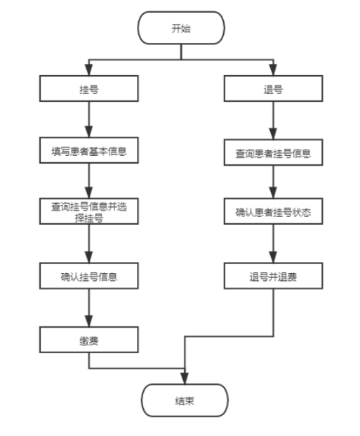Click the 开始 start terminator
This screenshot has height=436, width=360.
(x=181, y=28)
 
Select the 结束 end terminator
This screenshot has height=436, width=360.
(x=185, y=400)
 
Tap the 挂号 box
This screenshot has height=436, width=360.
(x=89, y=88)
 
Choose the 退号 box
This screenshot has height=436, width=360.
(x=273, y=88)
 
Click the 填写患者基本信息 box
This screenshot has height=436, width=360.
(x=89, y=150)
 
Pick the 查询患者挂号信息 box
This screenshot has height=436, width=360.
(x=273, y=152)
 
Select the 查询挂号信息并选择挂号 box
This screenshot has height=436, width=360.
(x=89, y=211)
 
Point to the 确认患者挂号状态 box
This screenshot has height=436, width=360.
(x=273, y=211)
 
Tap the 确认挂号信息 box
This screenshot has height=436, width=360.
(x=89, y=276)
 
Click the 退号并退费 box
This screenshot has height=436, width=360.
(x=273, y=276)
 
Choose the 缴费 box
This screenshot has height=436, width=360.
(x=89, y=340)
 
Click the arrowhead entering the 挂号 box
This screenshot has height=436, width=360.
(x=88, y=70)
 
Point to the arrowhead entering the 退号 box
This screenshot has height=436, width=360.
(x=273, y=70)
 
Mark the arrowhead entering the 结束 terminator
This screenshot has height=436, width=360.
(x=185, y=378)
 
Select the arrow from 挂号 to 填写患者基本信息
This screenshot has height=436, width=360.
(x=89, y=119)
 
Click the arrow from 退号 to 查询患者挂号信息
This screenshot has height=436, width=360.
(x=273, y=120)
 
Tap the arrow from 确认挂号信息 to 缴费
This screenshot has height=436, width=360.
(x=89, y=308)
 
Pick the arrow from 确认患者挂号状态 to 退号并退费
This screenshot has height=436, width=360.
(x=273, y=244)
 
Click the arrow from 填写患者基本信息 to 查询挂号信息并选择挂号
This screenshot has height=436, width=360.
(x=89, y=180)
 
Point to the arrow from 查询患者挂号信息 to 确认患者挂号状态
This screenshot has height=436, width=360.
(x=273, y=182)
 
